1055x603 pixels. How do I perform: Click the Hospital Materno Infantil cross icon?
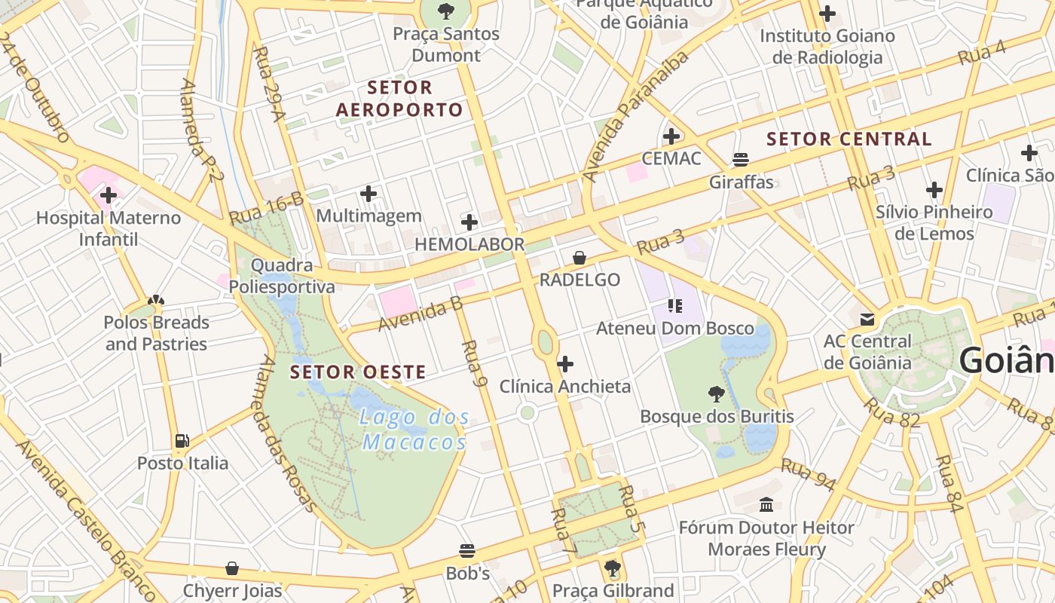point(109,196)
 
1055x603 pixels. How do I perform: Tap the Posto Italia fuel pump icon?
point(182,441)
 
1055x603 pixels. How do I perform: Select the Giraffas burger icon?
point(741,160)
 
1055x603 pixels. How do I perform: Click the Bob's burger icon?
point(467,551)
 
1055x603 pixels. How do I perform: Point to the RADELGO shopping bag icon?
point(579,258)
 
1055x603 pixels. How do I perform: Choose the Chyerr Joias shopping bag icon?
point(232,568)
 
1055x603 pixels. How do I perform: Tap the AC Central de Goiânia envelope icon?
point(867,320)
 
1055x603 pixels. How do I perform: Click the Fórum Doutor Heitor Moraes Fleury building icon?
point(766,504)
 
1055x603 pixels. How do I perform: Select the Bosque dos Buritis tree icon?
point(717,393)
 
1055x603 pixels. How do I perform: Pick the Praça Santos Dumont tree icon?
point(446,11)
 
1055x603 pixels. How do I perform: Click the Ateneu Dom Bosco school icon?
point(674,306)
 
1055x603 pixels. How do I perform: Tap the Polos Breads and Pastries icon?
point(156,301)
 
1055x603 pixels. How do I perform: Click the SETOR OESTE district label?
point(358,372)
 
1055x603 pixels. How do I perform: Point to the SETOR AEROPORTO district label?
point(399,99)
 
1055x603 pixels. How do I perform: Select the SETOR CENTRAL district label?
point(849,139)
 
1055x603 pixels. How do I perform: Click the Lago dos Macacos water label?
point(414,429)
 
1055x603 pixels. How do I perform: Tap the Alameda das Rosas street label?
point(286,433)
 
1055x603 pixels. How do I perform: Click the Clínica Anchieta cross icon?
point(565,365)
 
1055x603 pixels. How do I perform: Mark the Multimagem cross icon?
point(368,194)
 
